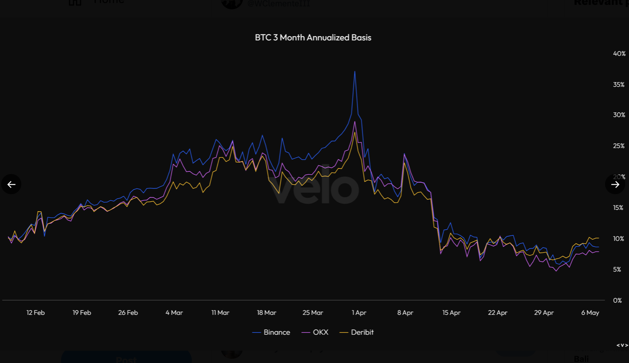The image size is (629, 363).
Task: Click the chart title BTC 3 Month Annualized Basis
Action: pyautogui.click(x=313, y=38)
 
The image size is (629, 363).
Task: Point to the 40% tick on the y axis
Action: pyautogui.click(x=619, y=54)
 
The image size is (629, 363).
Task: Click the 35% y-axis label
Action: pyautogui.click(x=619, y=85)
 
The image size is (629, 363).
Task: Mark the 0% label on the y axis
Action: pyautogui.click(x=617, y=300)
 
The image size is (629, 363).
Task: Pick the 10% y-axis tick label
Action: pyautogui.click(x=618, y=239)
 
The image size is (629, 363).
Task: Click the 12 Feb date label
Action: pyautogui.click(x=36, y=313)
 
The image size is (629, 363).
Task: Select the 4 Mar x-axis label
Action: pyautogui.click(x=174, y=313)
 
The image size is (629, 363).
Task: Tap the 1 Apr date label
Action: pyautogui.click(x=359, y=313)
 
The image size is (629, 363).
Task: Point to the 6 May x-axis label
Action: pyautogui.click(x=590, y=313)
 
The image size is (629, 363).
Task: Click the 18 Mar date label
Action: pyautogui.click(x=267, y=313)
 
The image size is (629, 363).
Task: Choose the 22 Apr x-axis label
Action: pyautogui.click(x=497, y=313)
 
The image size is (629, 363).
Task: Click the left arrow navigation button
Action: pyautogui.click(x=11, y=184)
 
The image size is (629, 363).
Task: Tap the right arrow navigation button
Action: pyautogui.click(x=615, y=184)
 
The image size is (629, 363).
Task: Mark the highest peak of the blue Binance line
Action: pyautogui.click(x=355, y=72)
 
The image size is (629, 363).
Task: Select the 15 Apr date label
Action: pyautogui.click(x=451, y=313)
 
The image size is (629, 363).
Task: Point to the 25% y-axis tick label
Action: pyautogui.click(x=619, y=146)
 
